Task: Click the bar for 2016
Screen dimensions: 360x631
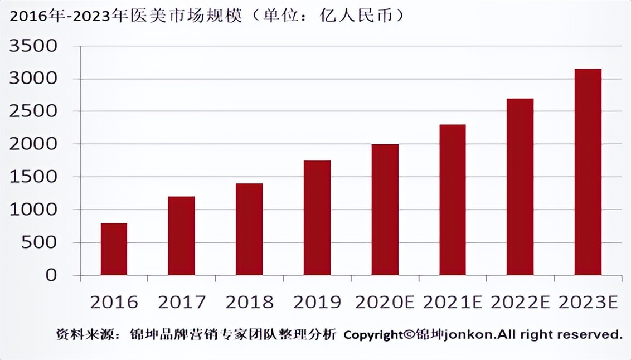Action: tap(114, 249)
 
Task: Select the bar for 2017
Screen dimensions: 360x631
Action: tap(181, 236)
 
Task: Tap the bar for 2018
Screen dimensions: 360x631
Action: tap(249, 229)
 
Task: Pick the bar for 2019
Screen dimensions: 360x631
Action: tap(317, 218)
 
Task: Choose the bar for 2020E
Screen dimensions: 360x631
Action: tap(385, 210)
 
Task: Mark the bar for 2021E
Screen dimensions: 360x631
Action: tap(452, 200)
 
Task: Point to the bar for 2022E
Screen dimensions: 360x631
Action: tap(520, 187)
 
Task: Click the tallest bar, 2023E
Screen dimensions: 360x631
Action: tap(588, 172)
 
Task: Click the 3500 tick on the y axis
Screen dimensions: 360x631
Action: tap(33, 46)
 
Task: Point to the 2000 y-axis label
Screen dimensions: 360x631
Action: tap(33, 144)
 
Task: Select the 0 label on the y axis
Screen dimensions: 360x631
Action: tap(51, 275)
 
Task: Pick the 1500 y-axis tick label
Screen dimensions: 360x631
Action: tap(33, 177)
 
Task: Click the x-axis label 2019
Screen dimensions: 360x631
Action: tap(317, 302)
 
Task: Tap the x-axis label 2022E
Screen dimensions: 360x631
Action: tap(520, 302)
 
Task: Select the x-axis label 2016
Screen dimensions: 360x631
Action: tap(114, 302)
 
